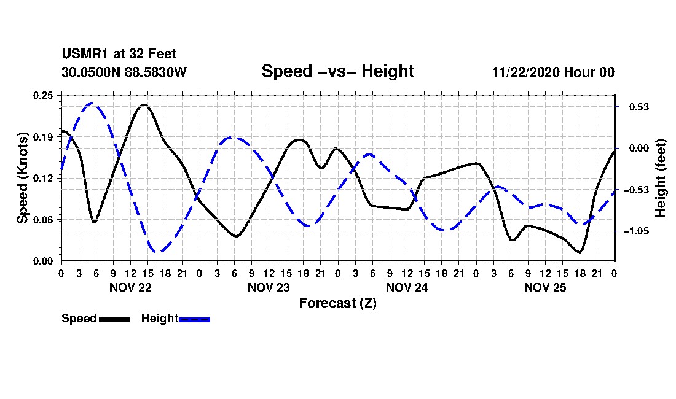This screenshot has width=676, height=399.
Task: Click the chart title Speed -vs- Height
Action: pos(337,71)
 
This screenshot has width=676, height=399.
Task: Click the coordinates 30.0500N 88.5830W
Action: pos(124,72)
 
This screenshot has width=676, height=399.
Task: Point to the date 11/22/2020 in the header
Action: pos(525,72)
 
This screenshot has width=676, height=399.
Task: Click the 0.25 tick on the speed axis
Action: pos(44,95)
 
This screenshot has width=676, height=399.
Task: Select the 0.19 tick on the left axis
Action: pos(44,137)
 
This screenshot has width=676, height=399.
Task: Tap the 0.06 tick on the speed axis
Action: pos(44,220)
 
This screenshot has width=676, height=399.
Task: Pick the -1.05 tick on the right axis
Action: pos(636,231)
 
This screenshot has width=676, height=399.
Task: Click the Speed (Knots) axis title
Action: pos(23,178)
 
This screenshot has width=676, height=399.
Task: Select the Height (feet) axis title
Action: pos(661,178)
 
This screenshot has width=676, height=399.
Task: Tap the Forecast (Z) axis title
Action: pos(337,303)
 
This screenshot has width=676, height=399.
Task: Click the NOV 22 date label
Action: pos(130,287)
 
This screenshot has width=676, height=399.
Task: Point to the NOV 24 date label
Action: pos(407,287)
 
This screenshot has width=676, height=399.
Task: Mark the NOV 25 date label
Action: pos(545,287)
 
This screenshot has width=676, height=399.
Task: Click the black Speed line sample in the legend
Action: pos(114,319)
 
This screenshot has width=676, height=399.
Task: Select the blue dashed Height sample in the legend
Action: pos(194,319)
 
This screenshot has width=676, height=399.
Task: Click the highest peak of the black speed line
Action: pos(144,105)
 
